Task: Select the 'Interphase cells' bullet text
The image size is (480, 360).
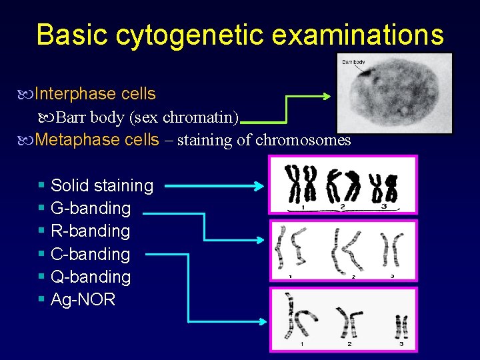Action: (95, 94)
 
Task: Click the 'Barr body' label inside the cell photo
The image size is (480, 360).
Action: (354, 62)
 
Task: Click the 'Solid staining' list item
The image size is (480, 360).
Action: (102, 185)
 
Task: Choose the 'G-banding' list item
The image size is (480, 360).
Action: (91, 208)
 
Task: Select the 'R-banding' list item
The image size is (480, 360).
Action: (91, 231)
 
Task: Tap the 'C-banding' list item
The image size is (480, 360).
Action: (91, 254)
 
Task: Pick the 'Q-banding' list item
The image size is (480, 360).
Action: (91, 277)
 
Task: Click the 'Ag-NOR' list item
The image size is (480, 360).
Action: (83, 299)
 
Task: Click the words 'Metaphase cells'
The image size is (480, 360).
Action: (97, 140)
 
